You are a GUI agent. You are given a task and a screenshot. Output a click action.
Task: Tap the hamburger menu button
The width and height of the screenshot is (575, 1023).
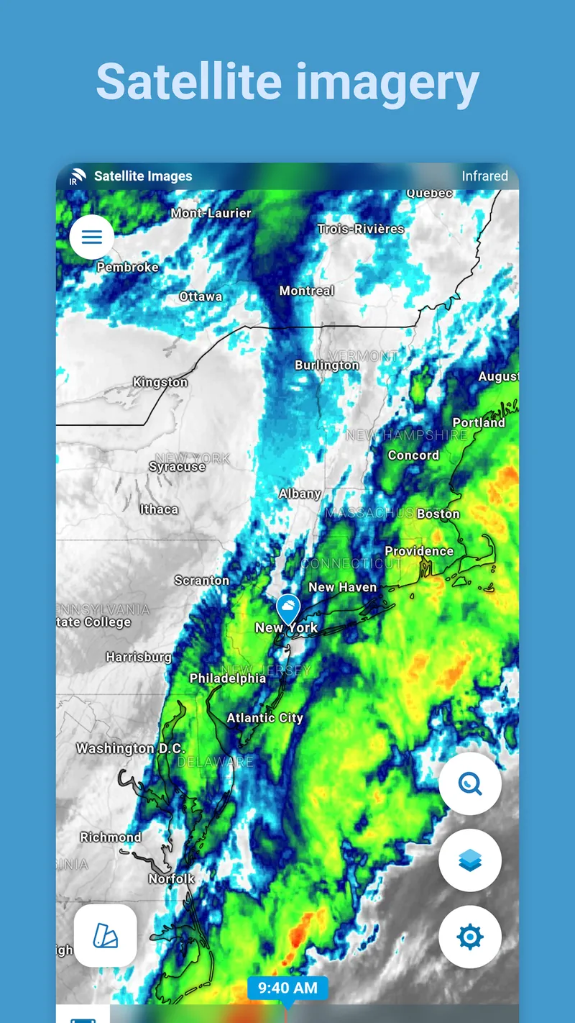[x=92, y=237]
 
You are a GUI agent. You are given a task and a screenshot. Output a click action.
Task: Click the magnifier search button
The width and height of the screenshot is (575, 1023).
[x=470, y=784]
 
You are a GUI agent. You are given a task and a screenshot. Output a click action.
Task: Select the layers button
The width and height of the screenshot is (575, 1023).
[x=470, y=860]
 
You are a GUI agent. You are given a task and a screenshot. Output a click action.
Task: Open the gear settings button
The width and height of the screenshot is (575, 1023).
[x=470, y=937]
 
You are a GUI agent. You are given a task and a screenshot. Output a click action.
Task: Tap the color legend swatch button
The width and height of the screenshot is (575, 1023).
[x=106, y=935]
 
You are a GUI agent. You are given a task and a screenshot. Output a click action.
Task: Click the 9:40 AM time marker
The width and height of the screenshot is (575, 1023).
[x=287, y=988]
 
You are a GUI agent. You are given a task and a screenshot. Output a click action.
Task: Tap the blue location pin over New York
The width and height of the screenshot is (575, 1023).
[x=289, y=609]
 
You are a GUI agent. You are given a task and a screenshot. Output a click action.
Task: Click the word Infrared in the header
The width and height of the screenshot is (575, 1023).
[x=484, y=176]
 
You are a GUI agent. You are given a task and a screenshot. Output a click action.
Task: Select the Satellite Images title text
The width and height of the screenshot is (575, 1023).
[x=143, y=176]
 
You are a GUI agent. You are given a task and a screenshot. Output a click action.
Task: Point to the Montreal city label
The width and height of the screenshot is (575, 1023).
[x=307, y=291]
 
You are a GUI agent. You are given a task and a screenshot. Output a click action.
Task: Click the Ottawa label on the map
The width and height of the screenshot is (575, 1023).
[x=201, y=296]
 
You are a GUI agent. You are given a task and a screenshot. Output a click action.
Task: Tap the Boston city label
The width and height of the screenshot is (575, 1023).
[x=438, y=514]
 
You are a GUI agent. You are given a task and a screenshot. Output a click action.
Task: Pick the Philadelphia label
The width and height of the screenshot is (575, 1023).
[x=227, y=678]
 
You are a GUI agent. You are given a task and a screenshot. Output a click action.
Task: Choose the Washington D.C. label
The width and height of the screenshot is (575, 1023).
[x=131, y=748]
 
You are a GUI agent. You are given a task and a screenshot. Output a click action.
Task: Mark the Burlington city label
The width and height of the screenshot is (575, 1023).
[x=326, y=365]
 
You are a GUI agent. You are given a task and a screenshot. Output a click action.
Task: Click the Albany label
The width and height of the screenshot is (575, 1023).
[x=300, y=494]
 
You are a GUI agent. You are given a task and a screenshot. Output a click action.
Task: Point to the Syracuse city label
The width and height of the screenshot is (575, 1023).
[x=177, y=467]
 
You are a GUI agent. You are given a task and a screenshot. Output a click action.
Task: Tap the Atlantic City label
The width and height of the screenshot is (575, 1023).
[x=264, y=718]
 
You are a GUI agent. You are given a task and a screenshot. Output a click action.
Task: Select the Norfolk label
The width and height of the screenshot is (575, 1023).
[x=172, y=878]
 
